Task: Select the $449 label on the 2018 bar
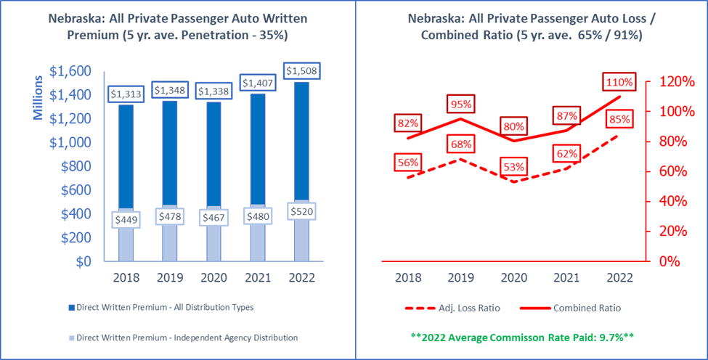click(126, 218)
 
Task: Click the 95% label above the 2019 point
click(460, 104)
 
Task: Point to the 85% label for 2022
click(619, 119)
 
